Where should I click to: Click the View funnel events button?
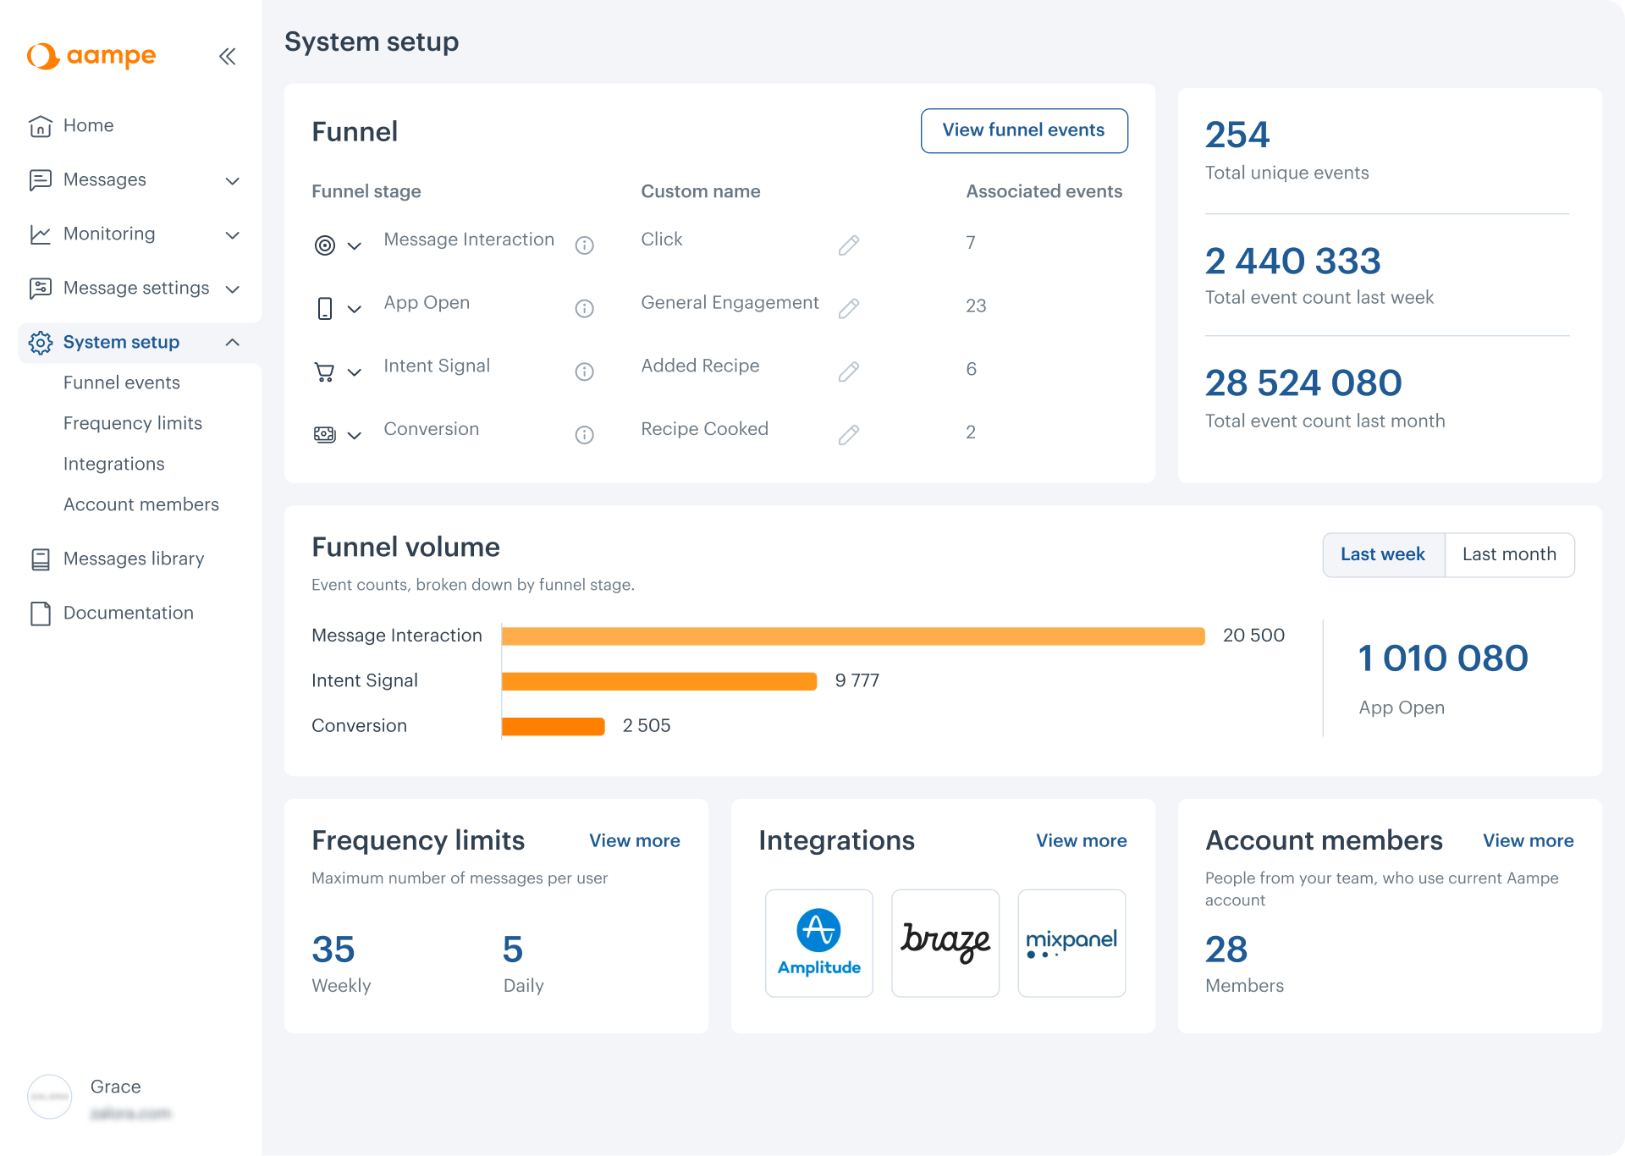coord(1023,130)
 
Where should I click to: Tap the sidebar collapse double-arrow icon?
coord(227,57)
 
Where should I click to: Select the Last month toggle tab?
coord(1508,554)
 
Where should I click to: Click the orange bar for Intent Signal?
coord(658,681)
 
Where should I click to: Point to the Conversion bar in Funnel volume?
coord(553,726)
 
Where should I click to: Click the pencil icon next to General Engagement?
coord(848,308)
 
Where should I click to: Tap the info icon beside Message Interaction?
coord(584,245)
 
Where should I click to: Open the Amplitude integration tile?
coord(818,943)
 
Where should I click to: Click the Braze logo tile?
coord(945,943)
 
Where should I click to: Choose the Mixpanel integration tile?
coord(1071,943)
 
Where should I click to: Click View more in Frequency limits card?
coord(634,840)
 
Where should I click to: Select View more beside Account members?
coord(1528,840)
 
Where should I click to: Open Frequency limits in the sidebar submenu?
coord(132,423)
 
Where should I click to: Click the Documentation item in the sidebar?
coord(128,613)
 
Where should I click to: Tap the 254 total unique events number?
coord(1237,135)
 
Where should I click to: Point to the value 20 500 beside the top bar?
coord(1253,636)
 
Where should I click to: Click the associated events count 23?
coord(975,306)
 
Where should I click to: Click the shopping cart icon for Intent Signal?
coord(324,372)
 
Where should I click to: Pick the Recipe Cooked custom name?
coord(704,429)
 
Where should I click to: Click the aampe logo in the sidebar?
coord(91,56)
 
